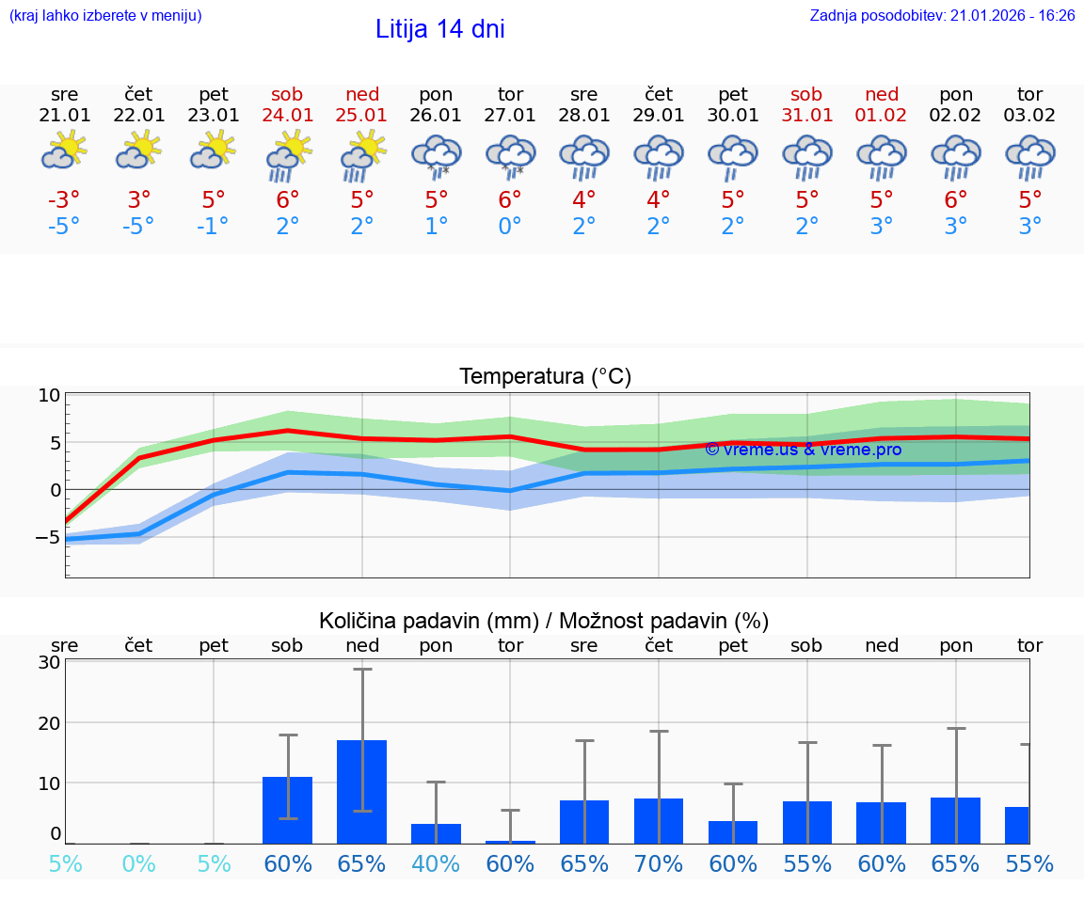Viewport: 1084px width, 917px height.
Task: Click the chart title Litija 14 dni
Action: tap(439, 29)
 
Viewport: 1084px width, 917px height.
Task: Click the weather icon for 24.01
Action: tap(288, 156)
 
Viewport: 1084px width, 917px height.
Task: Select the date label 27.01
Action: tap(510, 116)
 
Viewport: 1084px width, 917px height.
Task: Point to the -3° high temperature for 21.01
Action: tap(64, 201)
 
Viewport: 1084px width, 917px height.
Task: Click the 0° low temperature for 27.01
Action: tap(510, 227)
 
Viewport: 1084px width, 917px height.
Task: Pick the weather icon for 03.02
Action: tap(1030, 156)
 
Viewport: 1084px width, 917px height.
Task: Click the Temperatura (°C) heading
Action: tap(545, 377)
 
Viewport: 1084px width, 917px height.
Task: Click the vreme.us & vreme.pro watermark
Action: tap(803, 450)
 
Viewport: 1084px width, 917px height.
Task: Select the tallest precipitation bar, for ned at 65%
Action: tap(362, 792)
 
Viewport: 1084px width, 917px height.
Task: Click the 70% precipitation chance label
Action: tap(659, 864)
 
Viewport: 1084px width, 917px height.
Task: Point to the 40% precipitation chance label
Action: tap(436, 864)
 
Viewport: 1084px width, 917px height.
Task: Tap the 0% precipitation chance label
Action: tap(138, 864)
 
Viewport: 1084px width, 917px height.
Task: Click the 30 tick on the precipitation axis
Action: tap(49, 662)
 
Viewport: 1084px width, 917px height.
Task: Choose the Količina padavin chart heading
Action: tap(544, 621)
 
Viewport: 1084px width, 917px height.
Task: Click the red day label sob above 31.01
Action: tap(806, 94)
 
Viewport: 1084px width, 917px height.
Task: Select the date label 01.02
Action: tap(882, 116)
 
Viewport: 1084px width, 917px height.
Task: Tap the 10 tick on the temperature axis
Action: tap(49, 395)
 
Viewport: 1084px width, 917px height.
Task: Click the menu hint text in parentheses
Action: tap(105, 16)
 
